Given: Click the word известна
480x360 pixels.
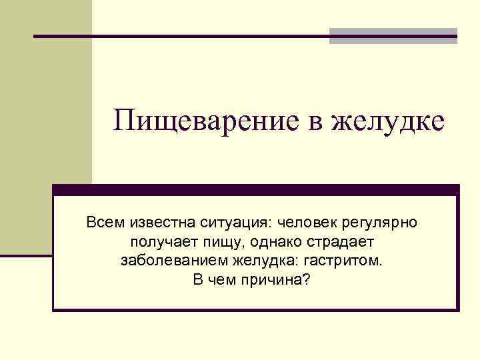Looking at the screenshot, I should click(157, 221).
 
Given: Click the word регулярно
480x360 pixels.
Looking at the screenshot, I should click(381, 222).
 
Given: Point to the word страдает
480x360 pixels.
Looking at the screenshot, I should click(341, 241).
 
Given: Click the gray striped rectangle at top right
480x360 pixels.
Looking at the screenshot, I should click(393, 35).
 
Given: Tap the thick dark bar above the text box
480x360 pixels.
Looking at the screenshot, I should click(256, 189).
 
